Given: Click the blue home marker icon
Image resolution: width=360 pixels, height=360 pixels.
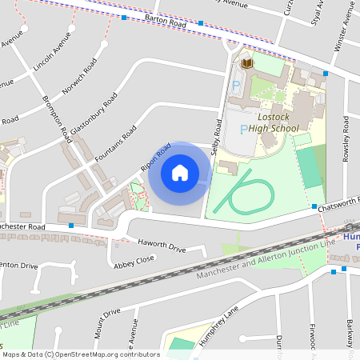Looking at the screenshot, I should tap(180, 172).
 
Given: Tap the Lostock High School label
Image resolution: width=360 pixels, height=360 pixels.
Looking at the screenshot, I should tap(274, 121).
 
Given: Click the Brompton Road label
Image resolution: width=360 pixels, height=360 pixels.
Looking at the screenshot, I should tap(56, 119).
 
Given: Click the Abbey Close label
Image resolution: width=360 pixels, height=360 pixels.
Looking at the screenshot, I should tap(134, 260).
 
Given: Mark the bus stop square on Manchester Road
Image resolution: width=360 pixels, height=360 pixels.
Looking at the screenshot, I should tap(71, 226).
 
